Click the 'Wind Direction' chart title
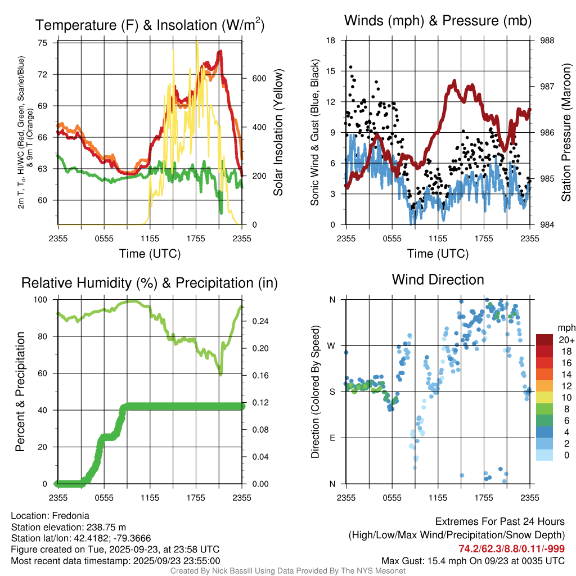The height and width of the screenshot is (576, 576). point(438,280)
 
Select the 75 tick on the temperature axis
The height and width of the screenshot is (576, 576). point(43,43)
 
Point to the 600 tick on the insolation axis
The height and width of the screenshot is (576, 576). point(258,78)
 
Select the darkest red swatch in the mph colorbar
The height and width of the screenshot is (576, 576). point(544,340)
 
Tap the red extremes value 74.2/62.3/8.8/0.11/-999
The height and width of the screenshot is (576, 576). point(511,549)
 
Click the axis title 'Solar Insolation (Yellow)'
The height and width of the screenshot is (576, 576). point(278,132)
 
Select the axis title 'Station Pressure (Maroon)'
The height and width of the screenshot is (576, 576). point(566,132)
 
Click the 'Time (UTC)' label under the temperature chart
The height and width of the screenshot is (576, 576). point(150,254)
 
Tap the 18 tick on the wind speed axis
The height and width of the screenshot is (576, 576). point(331,40)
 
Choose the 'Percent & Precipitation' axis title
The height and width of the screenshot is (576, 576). point(20,391)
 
